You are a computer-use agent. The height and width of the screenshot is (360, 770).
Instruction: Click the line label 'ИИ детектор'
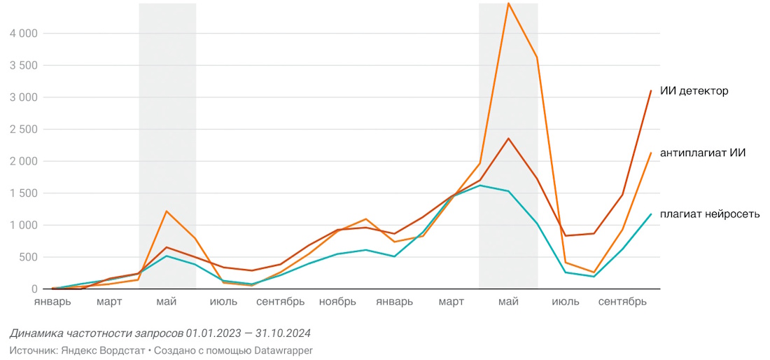694,91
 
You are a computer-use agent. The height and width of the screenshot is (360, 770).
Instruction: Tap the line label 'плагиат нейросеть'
709,214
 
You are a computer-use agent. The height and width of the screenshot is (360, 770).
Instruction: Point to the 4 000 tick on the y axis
24,33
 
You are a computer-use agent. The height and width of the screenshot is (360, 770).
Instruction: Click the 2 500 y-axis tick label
24,130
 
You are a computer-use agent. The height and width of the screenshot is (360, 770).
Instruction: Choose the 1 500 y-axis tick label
24,193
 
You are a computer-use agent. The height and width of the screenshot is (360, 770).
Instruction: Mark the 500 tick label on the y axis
29,257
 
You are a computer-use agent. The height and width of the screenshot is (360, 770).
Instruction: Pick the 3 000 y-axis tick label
24,97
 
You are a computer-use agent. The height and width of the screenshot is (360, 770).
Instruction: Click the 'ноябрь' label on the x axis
337,302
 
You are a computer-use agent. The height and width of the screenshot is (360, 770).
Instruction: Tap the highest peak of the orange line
509,3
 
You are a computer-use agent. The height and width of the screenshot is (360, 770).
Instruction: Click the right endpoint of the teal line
651,214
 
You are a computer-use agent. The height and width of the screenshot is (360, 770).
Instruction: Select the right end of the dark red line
651,90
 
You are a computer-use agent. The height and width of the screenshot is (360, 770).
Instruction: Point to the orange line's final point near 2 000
651,153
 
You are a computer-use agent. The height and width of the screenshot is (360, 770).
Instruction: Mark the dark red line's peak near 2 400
509,138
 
